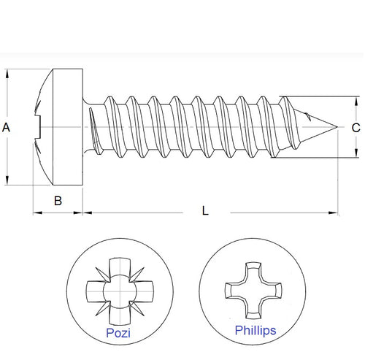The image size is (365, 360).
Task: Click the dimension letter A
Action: coord(7,128)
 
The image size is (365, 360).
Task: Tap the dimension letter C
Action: coord(356,128)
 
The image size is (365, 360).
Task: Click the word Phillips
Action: coord(255,331)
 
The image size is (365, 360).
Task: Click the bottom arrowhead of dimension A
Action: coord(8,182)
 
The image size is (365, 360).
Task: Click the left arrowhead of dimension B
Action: coord(37,213)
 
